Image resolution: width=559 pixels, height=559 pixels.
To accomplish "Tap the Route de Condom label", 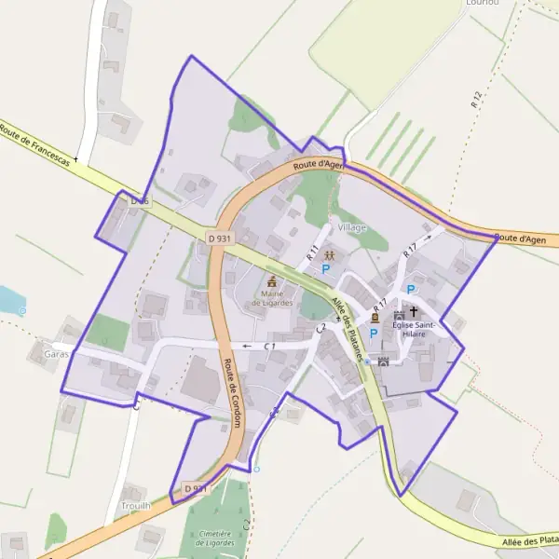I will click(x=233, y=392).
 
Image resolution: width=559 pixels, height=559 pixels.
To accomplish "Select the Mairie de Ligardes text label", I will click(x=272, y=298).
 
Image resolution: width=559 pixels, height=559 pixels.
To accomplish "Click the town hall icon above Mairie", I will click(x=272, y=280).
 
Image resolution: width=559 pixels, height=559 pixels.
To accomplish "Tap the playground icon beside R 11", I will click(x=330, y=254).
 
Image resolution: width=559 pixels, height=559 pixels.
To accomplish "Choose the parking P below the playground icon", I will click(x=326, y=269).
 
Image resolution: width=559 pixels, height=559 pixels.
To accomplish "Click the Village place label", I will click(x=352, y=227).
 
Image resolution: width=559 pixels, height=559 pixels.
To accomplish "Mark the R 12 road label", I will click(x=477, y=97).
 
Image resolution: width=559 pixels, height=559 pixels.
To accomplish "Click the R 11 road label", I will click(x=313, y=252).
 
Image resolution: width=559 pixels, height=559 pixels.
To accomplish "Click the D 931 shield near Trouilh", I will click(x=194, y=488).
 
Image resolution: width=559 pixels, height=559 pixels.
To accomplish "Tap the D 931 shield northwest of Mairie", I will click(x=219, y=239).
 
